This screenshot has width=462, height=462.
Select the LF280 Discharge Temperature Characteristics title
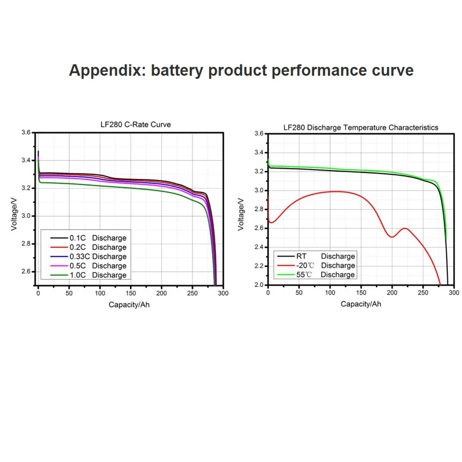point(361,127)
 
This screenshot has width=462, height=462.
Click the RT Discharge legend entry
point(316,256)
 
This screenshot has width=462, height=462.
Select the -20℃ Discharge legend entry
point(316,265)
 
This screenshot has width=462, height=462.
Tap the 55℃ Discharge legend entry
point(316,274)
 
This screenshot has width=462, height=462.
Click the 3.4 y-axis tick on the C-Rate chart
point(26,160)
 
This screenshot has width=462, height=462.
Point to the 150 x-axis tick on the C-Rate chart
point(130,294)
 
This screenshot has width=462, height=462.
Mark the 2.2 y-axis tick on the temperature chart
point(258,266)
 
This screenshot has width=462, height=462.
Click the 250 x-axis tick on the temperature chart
point(423,292)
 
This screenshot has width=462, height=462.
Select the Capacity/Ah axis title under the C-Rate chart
point(129,304)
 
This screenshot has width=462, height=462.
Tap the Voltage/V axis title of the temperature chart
point(242,209)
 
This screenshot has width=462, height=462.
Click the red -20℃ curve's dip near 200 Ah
point(392,236)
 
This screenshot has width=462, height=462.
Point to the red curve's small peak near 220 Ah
point(404,228)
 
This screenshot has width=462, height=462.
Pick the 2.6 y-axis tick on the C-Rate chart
point(26,271)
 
